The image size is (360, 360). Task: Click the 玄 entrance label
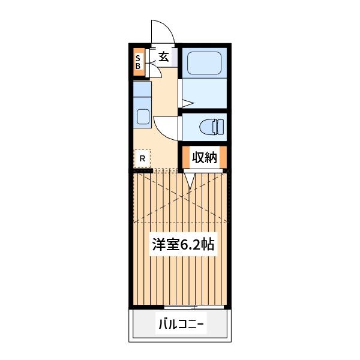[163, 57]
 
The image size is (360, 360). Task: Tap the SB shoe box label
[138, 62]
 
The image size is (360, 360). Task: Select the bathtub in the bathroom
[205, 64]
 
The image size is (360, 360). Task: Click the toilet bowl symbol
[207, 127]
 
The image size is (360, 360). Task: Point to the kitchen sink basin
[143, 116]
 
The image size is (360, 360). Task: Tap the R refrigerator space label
[142, 158]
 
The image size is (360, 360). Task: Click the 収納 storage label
[204, 158]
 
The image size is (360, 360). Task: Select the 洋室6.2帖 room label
[183, 244]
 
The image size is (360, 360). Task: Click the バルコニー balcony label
[181, 325]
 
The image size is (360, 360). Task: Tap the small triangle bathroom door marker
[187, 103]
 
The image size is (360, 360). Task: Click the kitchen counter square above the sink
[142, 89]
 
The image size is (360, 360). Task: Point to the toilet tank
[220, 127]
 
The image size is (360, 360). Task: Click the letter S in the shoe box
[138, 58]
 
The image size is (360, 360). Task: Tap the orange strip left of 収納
[186, 158]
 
